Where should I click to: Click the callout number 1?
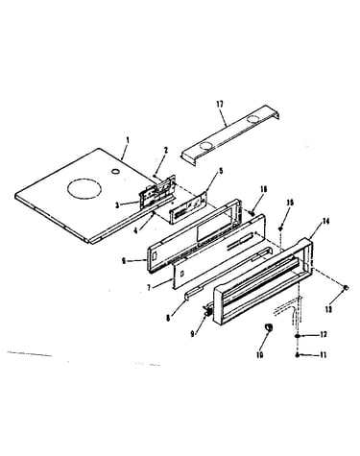[128, 140]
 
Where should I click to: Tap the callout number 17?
[220, 104]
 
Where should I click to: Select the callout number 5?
[221, 171]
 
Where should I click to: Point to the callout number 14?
[325, 221]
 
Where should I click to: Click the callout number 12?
[324, 334]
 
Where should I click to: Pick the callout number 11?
[323, 355]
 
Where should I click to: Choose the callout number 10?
[259, 354]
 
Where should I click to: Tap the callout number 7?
[149, 287]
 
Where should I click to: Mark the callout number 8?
[169, 318]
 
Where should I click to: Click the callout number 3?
[117, 205]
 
